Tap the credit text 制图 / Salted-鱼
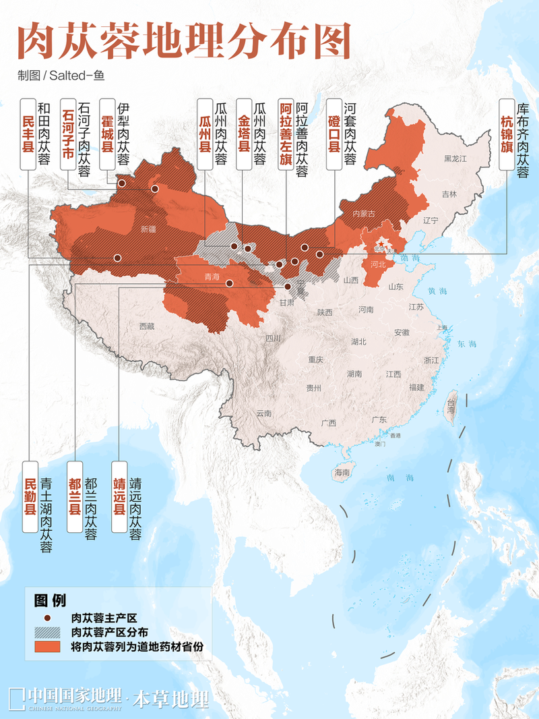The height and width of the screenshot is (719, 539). click(61, 76)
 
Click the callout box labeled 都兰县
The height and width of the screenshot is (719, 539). click(75, 496)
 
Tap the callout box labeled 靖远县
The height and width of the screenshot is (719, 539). click(119, 496)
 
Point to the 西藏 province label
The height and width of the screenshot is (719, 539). click(147, 326)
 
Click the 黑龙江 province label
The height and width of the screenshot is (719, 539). click(455, 158)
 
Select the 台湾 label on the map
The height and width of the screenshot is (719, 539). click(451, 405)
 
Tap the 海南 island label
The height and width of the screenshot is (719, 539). click(342, 473)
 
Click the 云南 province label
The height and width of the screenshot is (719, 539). click(263, 413)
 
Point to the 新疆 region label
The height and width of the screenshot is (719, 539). click(148, 229)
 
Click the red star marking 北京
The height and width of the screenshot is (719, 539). click(381, 243)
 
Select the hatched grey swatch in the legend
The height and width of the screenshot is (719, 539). click(49, 632)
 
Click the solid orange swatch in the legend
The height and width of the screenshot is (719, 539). click(49, 646)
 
